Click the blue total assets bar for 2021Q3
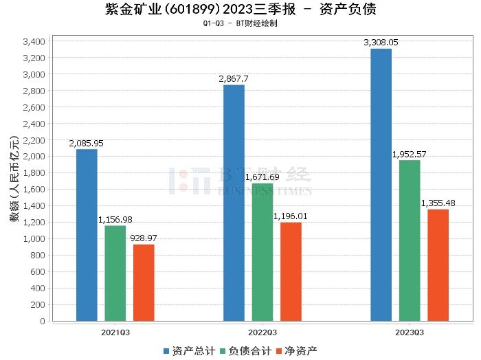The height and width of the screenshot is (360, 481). pos(87,235)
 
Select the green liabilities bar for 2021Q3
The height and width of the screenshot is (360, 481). pos(115,273)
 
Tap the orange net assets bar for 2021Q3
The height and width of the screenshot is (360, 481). pos(144,282)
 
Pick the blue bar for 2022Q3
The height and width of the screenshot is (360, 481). pos(234,203)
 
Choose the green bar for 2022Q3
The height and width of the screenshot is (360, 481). pos(262,252)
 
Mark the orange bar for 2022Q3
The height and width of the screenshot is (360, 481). pos(291,271)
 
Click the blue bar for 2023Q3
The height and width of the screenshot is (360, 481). pos(381,185)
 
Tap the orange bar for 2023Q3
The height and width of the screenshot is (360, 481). pos(438,265)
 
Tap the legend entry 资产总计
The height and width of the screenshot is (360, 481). pos(188,350)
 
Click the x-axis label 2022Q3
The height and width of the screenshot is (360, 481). pos(262,332)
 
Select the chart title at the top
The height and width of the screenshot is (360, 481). pos(240,10)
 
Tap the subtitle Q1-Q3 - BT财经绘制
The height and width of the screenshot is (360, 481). pos(240,23)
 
